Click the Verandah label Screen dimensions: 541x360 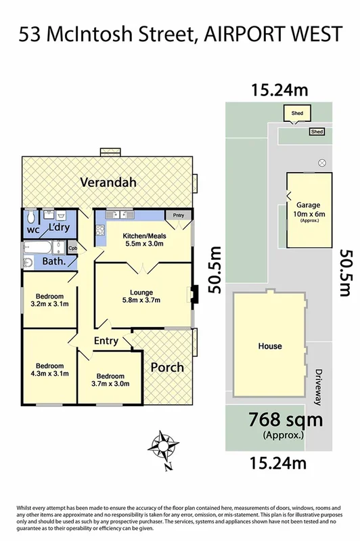(x=108, y=182)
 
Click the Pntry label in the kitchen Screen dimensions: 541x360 (x=178, y=215)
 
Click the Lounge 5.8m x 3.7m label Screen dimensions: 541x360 (x=141, y=295)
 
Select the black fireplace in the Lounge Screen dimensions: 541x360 (x=194, y=293)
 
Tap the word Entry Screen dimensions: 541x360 (x=106, y=341)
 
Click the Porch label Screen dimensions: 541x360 (x=166, y=367)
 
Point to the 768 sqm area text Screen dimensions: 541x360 (x=285, y=420)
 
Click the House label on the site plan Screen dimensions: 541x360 (x=269, y=346)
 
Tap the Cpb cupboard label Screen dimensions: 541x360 (x=73, y=248)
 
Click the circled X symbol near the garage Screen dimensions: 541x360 (x=322, y=163)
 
